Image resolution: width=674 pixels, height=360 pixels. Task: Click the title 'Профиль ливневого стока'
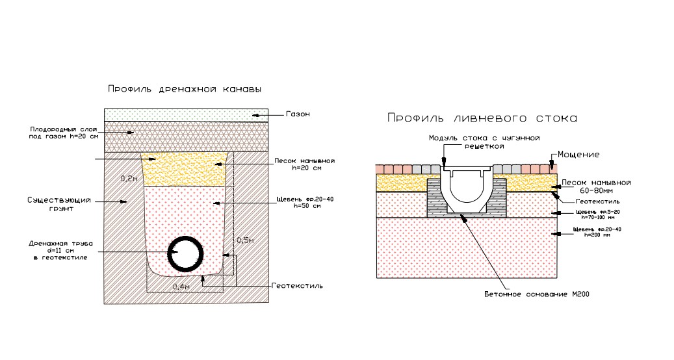click(x=482, y=118)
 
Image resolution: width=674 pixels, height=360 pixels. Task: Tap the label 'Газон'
click(x=298, y=114)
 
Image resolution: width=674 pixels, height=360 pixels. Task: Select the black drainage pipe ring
click(x=184, y=253)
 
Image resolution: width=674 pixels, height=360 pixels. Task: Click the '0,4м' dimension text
click(x=181, y=286)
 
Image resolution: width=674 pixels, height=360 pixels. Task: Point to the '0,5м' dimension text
click(x=246, y=240)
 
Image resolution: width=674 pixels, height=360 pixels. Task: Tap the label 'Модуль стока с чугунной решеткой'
click(x=484, y=142)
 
